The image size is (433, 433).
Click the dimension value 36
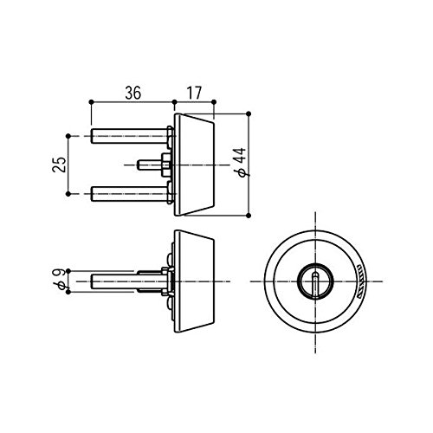[x=133, y=93]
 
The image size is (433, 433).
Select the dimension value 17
[x=194, y=93]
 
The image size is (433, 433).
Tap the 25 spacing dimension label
[x=59, y=165]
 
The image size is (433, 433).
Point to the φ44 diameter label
[x=240, y=162]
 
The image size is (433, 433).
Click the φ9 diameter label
[x=60, y=279]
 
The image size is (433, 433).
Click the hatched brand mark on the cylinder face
[x=360, y=281]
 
